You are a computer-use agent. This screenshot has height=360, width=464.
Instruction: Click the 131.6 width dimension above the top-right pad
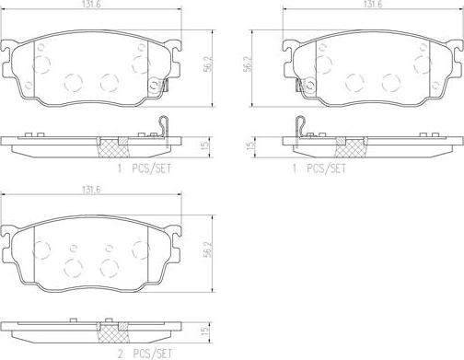tap(373, 4)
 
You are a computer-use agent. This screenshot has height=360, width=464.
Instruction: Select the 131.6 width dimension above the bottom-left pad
tap(91, 190)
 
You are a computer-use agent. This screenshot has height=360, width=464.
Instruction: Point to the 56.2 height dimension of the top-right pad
tap(248, 64)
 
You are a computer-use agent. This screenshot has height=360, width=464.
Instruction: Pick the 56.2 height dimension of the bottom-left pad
tap(208, 250)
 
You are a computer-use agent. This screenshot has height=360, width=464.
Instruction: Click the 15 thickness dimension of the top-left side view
tap(206, 145)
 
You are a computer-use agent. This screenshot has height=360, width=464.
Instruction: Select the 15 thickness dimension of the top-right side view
tap(250, 145)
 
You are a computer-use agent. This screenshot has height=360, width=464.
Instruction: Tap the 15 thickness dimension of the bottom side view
tap(206, 331)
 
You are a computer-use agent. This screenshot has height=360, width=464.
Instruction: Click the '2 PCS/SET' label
tap(145, 354)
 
